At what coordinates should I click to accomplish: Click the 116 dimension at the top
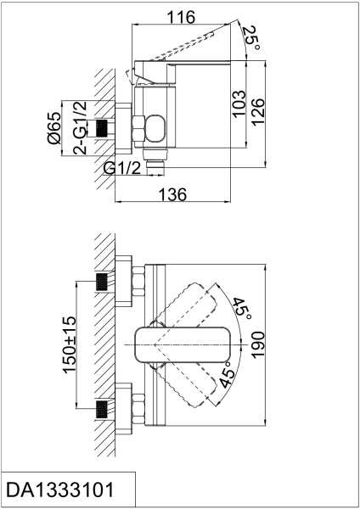[181, 17]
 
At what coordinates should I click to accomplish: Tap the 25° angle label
[251, 37]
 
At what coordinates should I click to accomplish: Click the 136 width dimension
[172, 194]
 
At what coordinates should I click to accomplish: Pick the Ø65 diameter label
[54, 128]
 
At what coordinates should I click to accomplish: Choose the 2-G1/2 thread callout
[80, 127]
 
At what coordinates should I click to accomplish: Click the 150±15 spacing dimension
[70, 344]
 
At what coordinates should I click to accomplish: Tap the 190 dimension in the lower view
[258, 345]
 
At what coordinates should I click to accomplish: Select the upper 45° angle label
[242, 309]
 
